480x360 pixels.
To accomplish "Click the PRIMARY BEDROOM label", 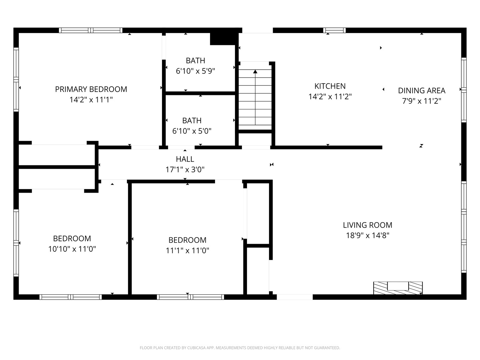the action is pyautogui.click(x=91, y=89).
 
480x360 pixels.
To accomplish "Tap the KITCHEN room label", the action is pyautogui.click(x=330, y=86).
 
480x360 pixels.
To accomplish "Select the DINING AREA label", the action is pyautogui.click(x=422, y=90).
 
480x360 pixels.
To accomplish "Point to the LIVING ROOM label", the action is pyautogui.click(x=368, y=225).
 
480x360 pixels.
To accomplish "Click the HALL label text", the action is pyautogui.click(x=185, y=159).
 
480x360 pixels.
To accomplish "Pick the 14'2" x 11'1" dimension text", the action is pyautogui.click(x=91, y=100).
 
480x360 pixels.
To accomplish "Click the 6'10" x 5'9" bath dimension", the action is pyautogui.click(x=195, y=71).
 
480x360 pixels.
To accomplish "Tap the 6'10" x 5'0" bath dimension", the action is pyautogui.click(x=192, y=131).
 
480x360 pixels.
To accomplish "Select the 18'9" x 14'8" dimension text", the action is pyautogui.click(x=368, y=235).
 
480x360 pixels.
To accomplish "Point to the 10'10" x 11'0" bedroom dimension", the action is pyautogui.click(x=72, y=249).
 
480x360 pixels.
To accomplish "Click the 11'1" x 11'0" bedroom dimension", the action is pyautogui.click(x=187, y=250).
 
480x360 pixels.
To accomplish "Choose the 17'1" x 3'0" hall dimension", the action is pyautogui.click(x=185, y=170).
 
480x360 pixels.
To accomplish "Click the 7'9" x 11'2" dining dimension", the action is pyautogui.click(x=422, y=101).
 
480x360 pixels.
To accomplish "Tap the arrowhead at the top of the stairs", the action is pyautogui.click(x=255, y=71).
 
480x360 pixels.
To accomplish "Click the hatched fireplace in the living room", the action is pyautogui.click(x=398, y=288).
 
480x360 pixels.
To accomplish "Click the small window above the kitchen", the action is pyautogui.click(x=334, y=30).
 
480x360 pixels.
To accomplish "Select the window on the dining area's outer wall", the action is pyautogui.click(x=464, y=90).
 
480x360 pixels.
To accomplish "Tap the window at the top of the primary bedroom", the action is pyautogui.click(x=91, y=30).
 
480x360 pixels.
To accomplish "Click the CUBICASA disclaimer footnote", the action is pyautogui.click(x=240, y=348).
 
